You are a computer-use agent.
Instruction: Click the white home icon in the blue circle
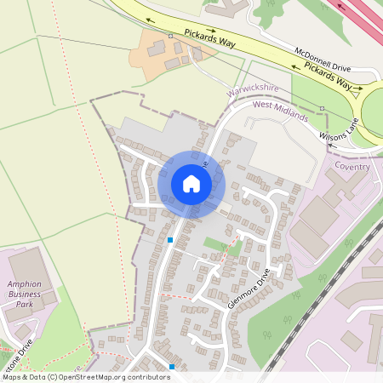191,184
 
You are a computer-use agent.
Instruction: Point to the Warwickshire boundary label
253,89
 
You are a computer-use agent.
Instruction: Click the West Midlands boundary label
280,111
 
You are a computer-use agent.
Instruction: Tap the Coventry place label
352,166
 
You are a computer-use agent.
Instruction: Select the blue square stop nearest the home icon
170,240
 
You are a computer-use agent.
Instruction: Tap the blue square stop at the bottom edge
172,366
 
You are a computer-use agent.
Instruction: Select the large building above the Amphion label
26,264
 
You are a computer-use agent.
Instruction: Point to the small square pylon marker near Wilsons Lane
323,107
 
